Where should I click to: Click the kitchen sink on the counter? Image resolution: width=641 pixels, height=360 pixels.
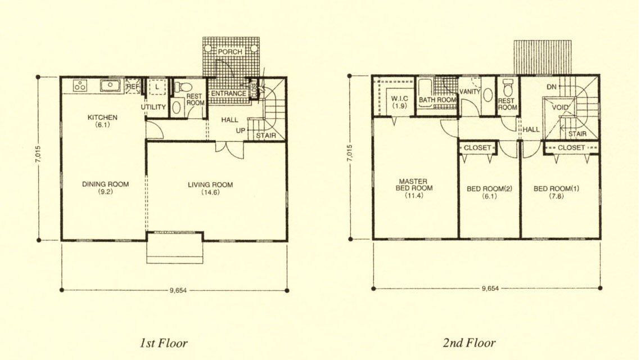pos(110,86)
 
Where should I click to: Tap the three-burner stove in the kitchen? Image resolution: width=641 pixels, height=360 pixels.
pos(80,85)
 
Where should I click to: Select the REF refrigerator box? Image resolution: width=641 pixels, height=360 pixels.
pos(133,86)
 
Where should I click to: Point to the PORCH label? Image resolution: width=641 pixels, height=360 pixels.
pos(230,52)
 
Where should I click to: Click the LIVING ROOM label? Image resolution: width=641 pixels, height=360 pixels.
pos(210,184)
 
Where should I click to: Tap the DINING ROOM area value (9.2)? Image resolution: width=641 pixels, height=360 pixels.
pos(106,191)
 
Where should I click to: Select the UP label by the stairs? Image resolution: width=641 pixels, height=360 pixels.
pos(241,130)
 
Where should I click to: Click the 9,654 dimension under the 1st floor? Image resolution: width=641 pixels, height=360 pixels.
pos(178,290)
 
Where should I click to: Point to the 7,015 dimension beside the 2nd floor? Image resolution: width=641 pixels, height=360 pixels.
pos(350,153)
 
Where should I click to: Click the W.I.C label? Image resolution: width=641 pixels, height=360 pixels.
pos(399,98)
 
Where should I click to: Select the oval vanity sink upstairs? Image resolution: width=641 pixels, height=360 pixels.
pos(487,95)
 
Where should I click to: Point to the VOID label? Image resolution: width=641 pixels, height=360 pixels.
pos(559,107)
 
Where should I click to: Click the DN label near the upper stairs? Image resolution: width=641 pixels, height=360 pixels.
pos(551,87)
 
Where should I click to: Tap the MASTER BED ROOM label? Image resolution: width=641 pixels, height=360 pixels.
pos(414,184)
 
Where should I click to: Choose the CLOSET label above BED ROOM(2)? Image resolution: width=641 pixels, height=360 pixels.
pos(477,147)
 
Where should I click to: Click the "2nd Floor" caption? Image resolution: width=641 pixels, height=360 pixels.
pos(469,342)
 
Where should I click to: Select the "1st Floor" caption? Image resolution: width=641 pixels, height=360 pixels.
pos(164,343)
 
